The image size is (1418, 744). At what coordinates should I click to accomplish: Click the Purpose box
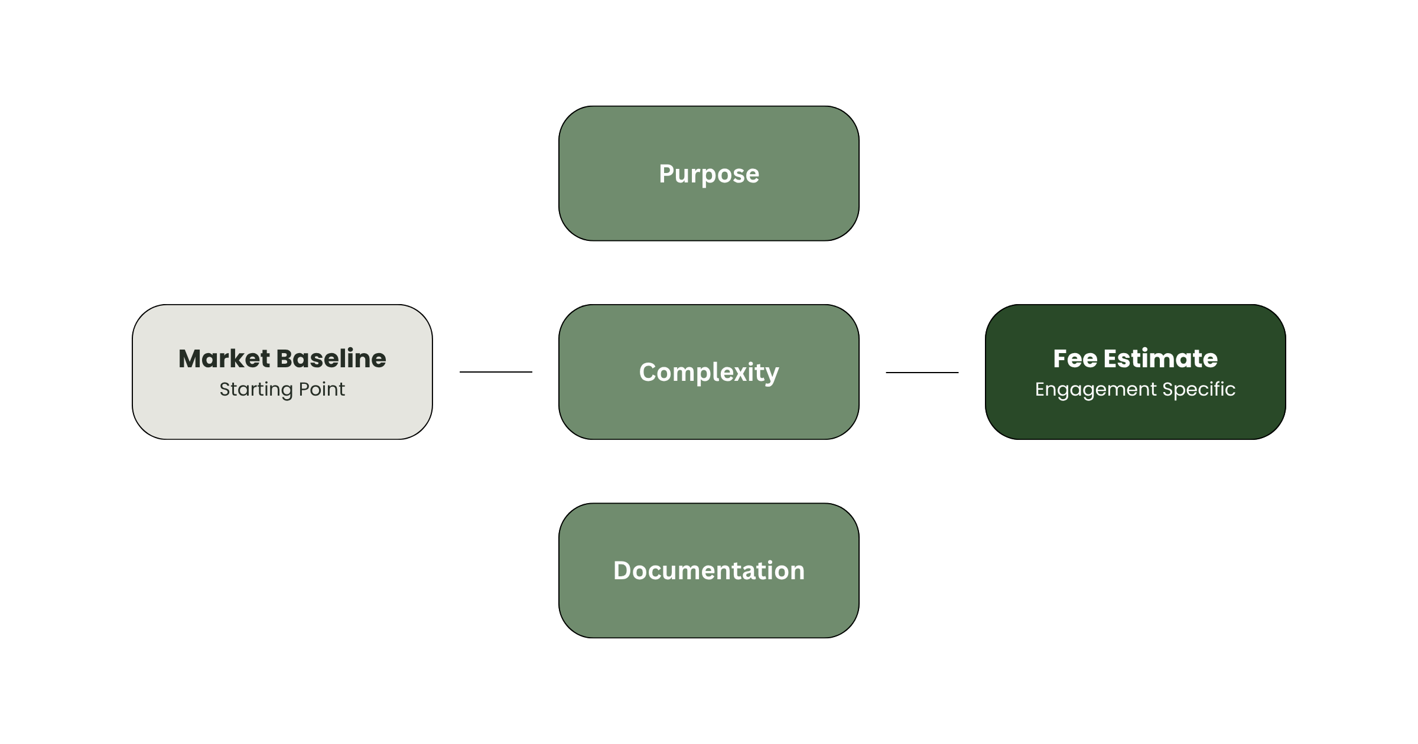click(x=708, y=174)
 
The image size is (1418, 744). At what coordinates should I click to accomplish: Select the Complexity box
click(x=708, y=372)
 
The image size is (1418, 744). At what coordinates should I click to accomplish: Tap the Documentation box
click(x=708, y=570)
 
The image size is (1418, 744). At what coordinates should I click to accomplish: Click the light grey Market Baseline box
click(x=282, y=372)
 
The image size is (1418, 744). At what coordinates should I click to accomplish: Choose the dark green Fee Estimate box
click(x=1135, y=372)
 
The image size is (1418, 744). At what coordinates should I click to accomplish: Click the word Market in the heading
click(x=224, y=358)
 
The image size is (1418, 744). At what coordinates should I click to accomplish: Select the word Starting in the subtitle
click(x=256, y=390)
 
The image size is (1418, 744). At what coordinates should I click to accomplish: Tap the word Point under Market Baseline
click(x=322, y=389)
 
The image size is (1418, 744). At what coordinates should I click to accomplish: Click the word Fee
click(x=1075, y=358)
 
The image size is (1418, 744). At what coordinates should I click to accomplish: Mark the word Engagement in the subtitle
click(x=1095, y=390)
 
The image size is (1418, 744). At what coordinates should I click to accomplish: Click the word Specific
click(x=1199, y=390)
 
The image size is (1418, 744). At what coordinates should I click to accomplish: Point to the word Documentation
click(x=709, y=570)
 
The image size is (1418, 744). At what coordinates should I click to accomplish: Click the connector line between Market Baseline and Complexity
click(x=496, y=372)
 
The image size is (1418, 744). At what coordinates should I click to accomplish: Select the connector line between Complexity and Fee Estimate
click(x=922, y=373)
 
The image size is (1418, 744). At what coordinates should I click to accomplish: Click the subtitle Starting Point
click(x=282, y=390)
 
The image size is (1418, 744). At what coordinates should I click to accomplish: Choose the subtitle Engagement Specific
click(x=1135, y=390)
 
